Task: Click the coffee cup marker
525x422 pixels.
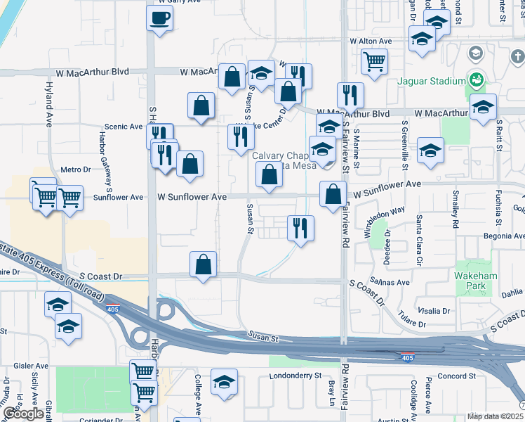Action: click(x=159, y=18)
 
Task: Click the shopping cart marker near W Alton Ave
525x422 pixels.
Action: click(x=375, y=61)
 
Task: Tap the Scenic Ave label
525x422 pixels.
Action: click(x=123, y=127)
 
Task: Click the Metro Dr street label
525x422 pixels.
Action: click(x=76, y=170)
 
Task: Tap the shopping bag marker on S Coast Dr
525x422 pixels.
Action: click(x=203, y=265)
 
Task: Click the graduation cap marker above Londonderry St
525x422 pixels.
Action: click(x=224, y=383)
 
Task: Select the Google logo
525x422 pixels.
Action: click(x=23, y=414)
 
